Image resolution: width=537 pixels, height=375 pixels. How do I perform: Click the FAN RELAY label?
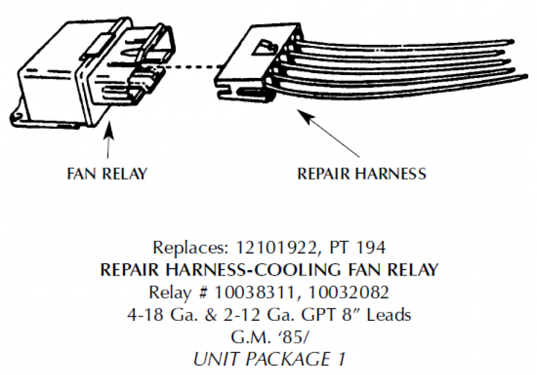(107, 174)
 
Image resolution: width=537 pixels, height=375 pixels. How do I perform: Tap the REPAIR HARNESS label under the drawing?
(361, 174)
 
